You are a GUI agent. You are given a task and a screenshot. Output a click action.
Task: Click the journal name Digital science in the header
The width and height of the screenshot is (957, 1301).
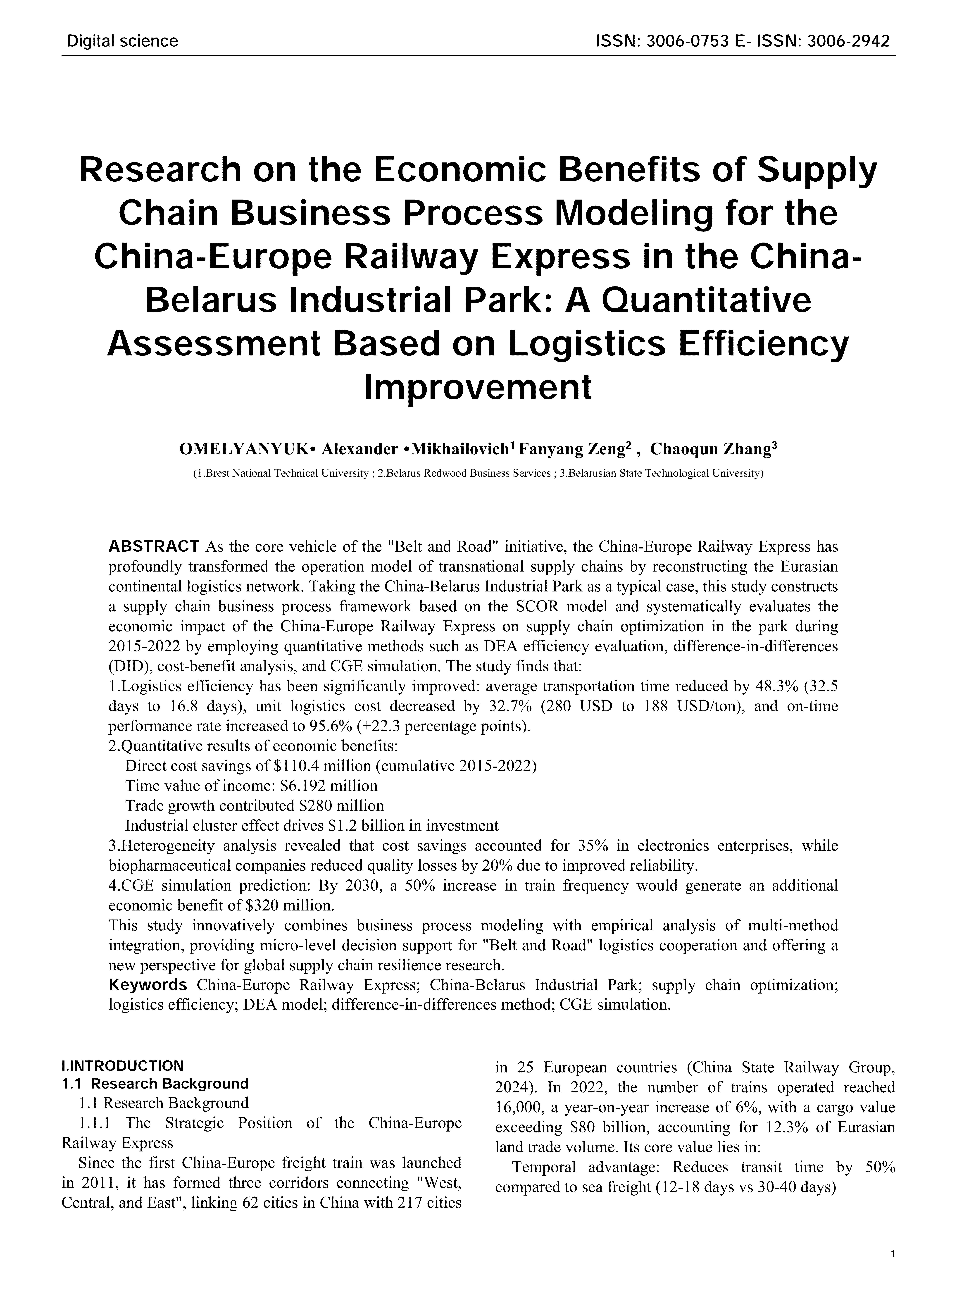tap(122, 41)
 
